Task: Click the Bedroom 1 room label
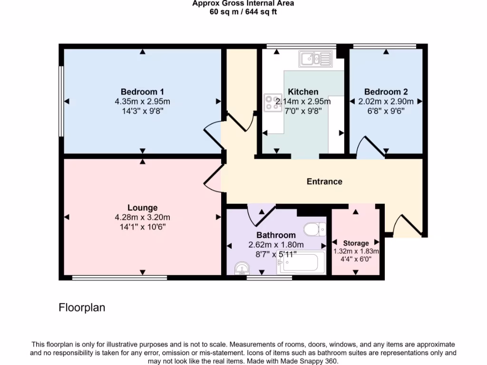point(142,92)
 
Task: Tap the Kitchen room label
point(303,92)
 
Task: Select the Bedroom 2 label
point(386,92)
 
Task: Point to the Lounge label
point(142,208)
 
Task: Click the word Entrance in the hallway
point(324,182)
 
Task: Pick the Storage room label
point(356,243)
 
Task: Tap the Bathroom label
point(276,235)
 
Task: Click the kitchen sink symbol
point(315,59)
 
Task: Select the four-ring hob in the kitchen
point(273,103)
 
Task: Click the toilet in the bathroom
point(314,230)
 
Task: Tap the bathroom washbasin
point(242,269)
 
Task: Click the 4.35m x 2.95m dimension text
point(142,101)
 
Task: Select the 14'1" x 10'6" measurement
point(142,227)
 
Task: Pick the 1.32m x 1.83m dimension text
point(356,251)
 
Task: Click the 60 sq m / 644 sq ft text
point(243,12)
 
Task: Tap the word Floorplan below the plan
point(82,307)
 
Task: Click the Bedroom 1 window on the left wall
point(61,101)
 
